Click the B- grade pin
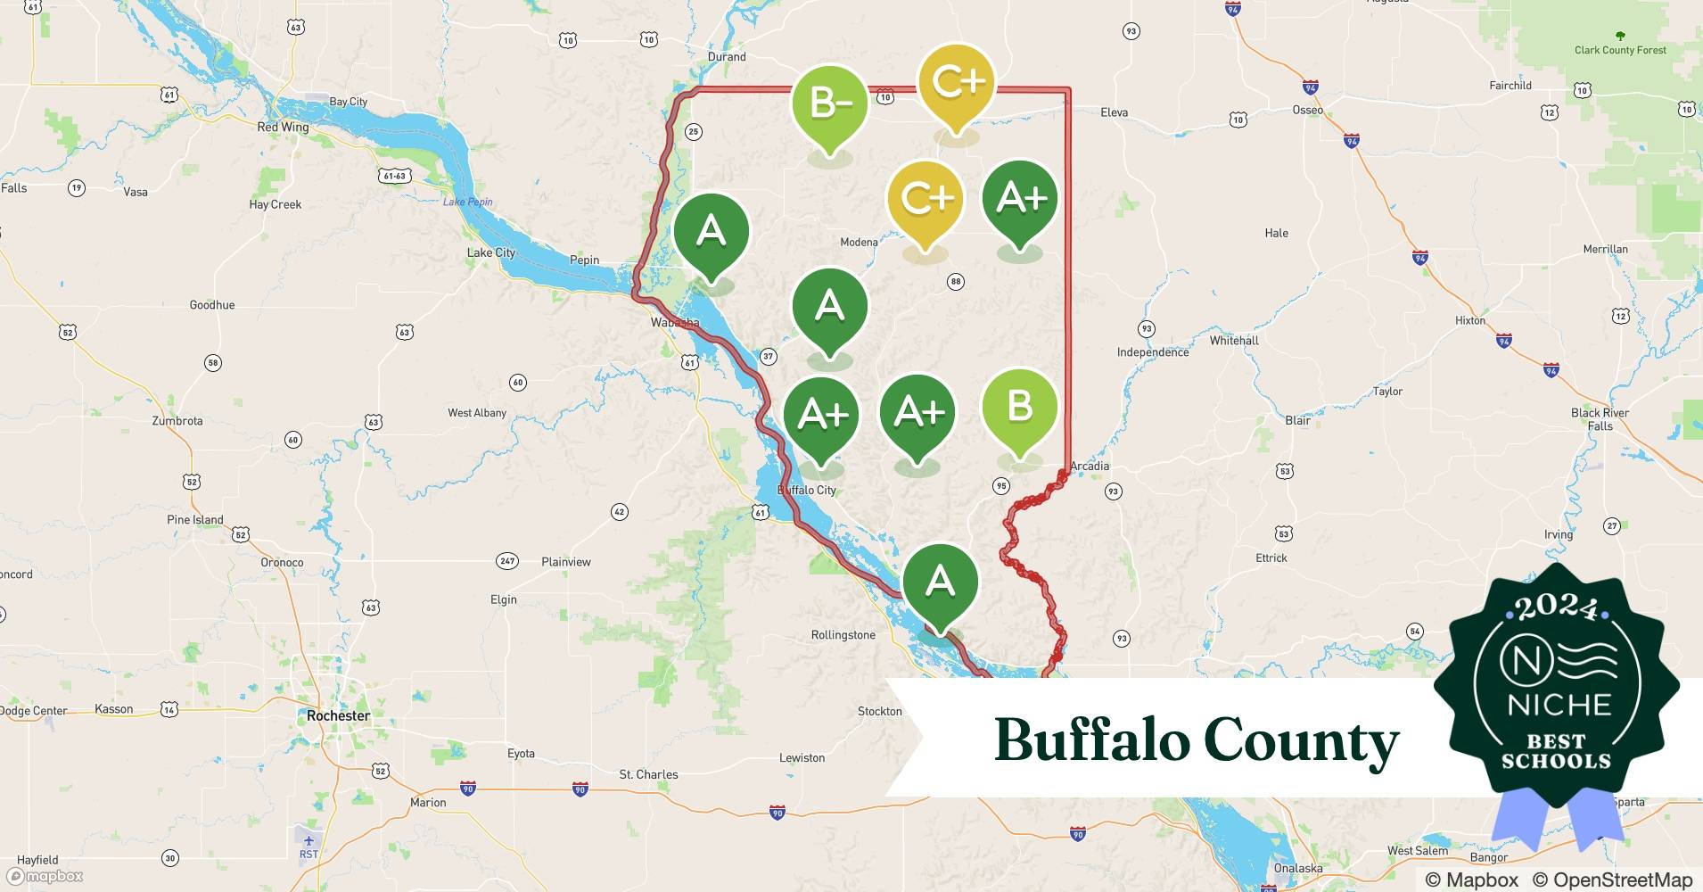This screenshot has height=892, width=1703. click(x=829, y=105)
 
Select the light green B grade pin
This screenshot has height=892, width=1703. click(x=1019, y=408)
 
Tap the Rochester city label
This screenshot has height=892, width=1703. click(x=338, y=715)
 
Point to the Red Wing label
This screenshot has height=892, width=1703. click(x=283, y=127)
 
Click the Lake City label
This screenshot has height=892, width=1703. click(x=491, y=252)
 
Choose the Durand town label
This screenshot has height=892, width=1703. click(x=727, y=56)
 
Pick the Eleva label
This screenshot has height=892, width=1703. click(x=1114, y=112)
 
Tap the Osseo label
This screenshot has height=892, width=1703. click(x=1307, y=110)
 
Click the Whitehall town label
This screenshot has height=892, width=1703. click(x=1234, y=341)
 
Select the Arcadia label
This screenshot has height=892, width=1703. click(x=1090, y=466)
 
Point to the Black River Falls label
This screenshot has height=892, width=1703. click(x=1600, y=419)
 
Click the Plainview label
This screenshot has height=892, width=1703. click(x=566, y=562)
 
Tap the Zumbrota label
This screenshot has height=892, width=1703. click(x=177, y=421)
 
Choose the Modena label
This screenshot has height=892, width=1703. click(x=859, y=242)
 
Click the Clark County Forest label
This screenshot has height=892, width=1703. click(x=1620, y=50)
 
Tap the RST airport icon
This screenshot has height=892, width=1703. click(x=309, y=841)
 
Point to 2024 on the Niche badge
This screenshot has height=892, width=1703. click(x=1556, y=607)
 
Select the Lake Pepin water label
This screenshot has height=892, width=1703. click(x=467, y=202)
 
